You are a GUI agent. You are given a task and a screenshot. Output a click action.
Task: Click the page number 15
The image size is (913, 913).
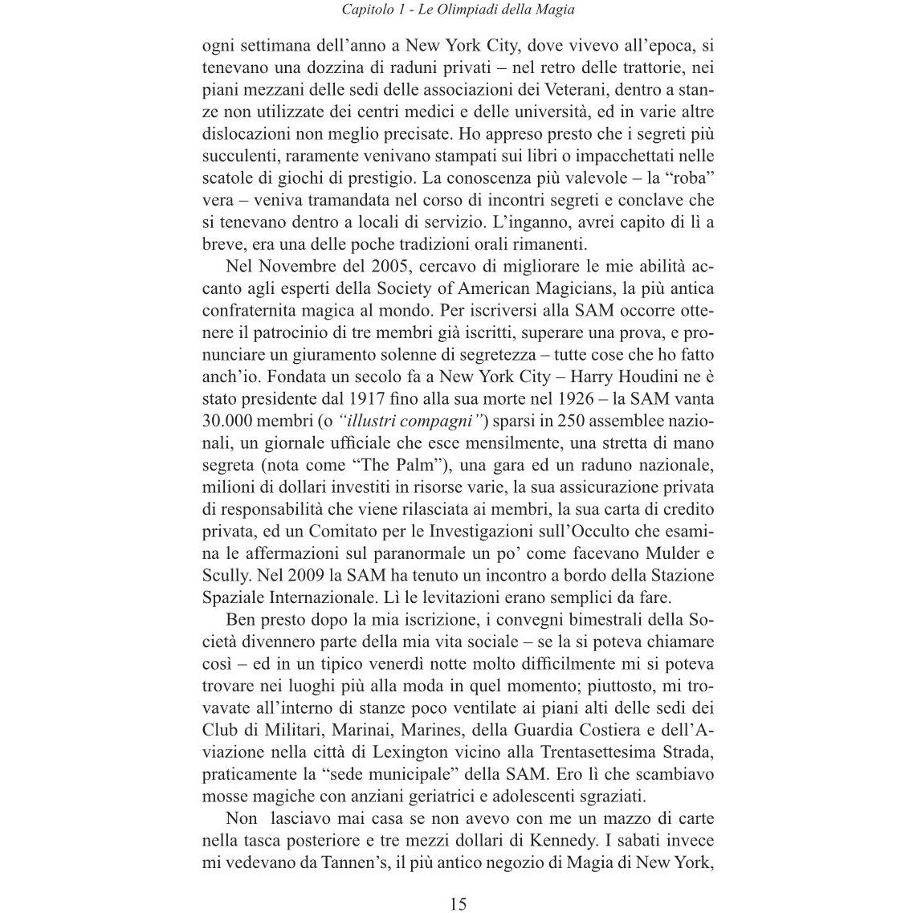pyautogui.click(x=458, y=903)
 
